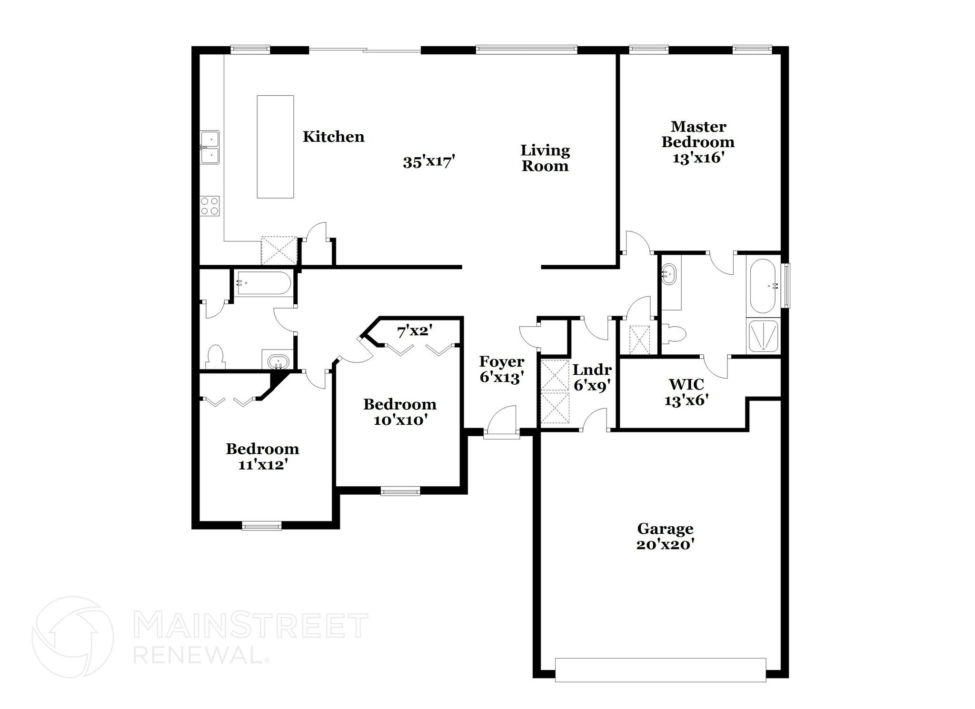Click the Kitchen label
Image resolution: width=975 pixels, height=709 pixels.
tap(333, 137)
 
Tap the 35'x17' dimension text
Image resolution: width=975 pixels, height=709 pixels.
tap(429, 162)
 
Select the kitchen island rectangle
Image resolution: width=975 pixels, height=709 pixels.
tap(275, 147)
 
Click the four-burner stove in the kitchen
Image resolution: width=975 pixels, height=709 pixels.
tap(210, 206)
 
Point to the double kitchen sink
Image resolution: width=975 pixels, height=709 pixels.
tap(209, 148)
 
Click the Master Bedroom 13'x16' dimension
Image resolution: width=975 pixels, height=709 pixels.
tap(698, 159)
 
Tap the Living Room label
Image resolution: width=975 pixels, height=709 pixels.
tap(545, 158)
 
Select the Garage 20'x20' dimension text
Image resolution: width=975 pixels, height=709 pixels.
tap(665, 545)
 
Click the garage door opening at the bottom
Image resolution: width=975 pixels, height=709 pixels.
tap(660, 670)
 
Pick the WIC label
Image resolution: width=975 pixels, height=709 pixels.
tap(686, 384)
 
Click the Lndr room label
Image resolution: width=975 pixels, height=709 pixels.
tap(592, 370)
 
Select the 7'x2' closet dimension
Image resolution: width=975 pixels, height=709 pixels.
tap(415, 331)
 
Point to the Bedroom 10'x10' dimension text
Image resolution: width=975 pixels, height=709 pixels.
tap(400, 420)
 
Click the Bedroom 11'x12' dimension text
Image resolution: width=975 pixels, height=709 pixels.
tap(262, 465)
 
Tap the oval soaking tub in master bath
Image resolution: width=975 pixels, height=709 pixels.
tap(763, 286)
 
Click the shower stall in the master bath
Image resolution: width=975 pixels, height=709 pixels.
tap(763, 336)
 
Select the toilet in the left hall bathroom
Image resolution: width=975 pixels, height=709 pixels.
tap(216, 357)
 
